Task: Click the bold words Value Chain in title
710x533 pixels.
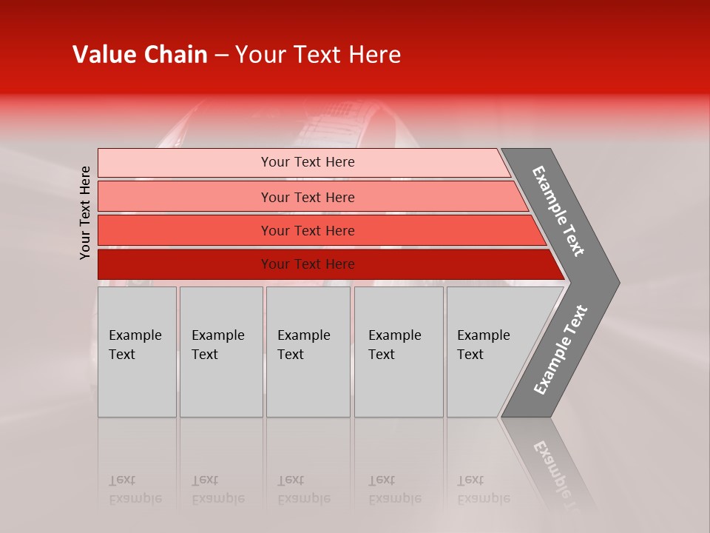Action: pos(140,55)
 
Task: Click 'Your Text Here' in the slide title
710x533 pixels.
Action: pos(318,55)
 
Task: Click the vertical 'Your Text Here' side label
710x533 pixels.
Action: pos(85,212)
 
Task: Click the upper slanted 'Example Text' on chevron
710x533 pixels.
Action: pos(558,210)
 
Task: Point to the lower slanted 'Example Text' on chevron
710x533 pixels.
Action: pos(560,349)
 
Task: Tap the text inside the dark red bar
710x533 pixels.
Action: pos(308,264)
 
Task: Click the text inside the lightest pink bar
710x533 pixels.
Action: pos(308,162)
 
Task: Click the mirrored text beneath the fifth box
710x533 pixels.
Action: pos(484,489)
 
